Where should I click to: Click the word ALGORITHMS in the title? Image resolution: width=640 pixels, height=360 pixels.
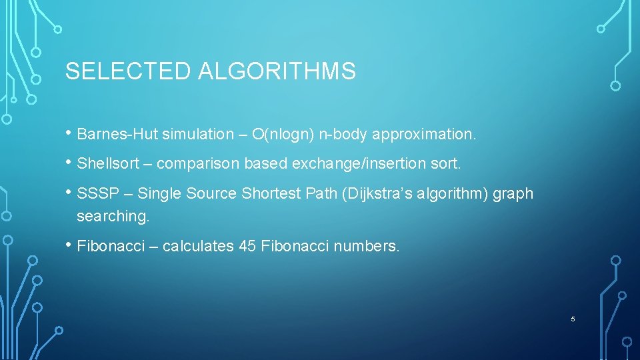277,71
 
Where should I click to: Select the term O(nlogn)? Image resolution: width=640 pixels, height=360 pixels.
284,135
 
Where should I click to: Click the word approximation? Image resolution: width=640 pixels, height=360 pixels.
425,135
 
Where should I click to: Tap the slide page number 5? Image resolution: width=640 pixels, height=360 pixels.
573,319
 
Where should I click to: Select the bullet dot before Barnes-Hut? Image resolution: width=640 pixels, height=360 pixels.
69,133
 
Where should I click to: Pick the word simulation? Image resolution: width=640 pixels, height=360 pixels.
196,135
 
